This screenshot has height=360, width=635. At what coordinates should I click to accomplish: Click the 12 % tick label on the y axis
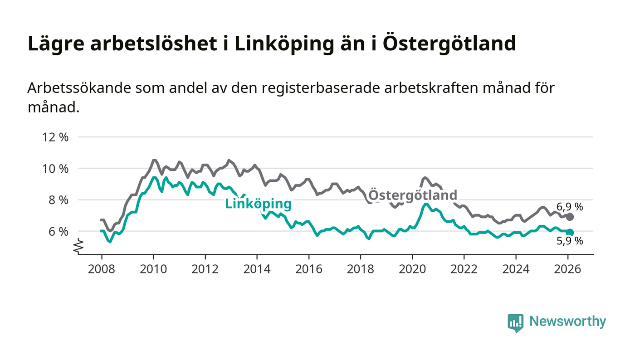click(x=55, y=137)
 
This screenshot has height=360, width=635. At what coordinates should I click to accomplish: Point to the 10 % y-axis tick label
click(x=55, y=169)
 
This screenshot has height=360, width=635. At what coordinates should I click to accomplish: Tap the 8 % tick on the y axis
click(x=58, y=200)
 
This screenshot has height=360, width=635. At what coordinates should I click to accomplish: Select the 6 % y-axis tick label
click(x=58, y=231)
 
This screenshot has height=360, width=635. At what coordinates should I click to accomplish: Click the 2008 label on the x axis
click(x=102, y=269)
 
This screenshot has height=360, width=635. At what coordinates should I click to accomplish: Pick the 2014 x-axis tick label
click(x=257, y=269)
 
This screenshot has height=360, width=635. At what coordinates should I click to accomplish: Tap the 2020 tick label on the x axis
click(x=412, y=269)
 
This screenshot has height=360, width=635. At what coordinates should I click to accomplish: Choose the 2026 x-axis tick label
click(x=567, y=269)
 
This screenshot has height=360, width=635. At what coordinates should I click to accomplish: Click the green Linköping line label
click(x=258, y=204)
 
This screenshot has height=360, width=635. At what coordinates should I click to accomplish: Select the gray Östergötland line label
click(x=413, y=195)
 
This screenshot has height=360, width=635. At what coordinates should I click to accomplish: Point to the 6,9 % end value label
click(x=570, y=207)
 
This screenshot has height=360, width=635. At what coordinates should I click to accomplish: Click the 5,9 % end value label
click(x=570, y=241)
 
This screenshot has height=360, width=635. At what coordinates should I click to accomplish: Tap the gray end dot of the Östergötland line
click(x=570, y=217)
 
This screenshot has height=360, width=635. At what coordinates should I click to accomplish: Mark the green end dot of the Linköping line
click(x=570, y=232)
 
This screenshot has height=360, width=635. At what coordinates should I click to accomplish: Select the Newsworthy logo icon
click(x=515, y=322)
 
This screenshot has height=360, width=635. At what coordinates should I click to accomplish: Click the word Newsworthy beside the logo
click(x=567, y=321)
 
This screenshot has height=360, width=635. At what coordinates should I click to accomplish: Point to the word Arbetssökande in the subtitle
click(x=78, y=88)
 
